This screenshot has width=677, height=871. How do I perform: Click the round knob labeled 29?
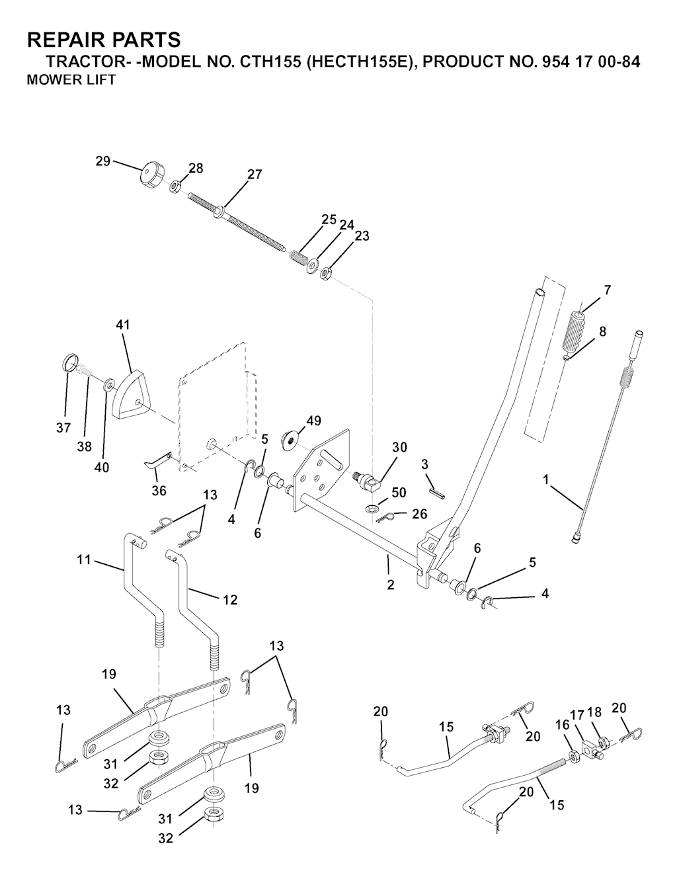149,175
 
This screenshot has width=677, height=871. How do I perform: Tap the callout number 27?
255,175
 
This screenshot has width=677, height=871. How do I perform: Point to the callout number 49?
313,421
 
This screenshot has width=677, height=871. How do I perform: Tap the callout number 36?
159,490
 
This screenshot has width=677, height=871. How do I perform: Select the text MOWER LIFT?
71,80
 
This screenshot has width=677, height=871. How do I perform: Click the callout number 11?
84,559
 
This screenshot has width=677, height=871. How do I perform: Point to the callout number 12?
230,600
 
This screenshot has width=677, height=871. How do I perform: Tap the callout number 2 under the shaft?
391,585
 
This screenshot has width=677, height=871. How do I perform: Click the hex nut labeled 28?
175,186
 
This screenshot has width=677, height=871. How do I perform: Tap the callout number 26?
419,514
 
